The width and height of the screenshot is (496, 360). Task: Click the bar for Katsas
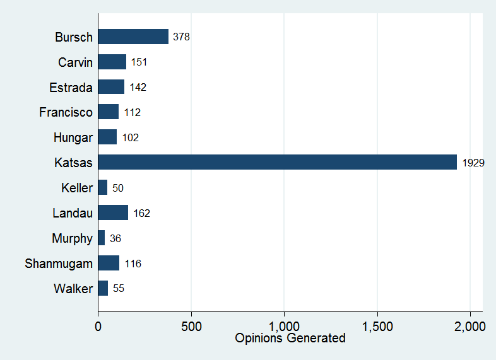277,162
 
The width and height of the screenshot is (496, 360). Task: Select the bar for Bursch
133,37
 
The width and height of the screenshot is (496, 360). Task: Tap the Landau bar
113,212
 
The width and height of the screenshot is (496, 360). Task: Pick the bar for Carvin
112,62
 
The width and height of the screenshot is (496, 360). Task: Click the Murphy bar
101,238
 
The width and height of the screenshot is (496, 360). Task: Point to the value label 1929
473,163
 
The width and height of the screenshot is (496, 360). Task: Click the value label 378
181,37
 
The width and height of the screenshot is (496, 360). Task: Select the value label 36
115,238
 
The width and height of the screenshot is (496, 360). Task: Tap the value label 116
133,264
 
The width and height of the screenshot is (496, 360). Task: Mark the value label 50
117,188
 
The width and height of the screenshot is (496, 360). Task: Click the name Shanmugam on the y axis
59,264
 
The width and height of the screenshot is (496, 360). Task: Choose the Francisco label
66,112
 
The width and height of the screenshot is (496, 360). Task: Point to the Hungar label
73,137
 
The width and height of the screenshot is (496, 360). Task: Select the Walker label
73,289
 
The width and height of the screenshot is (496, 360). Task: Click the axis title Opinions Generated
290,339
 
